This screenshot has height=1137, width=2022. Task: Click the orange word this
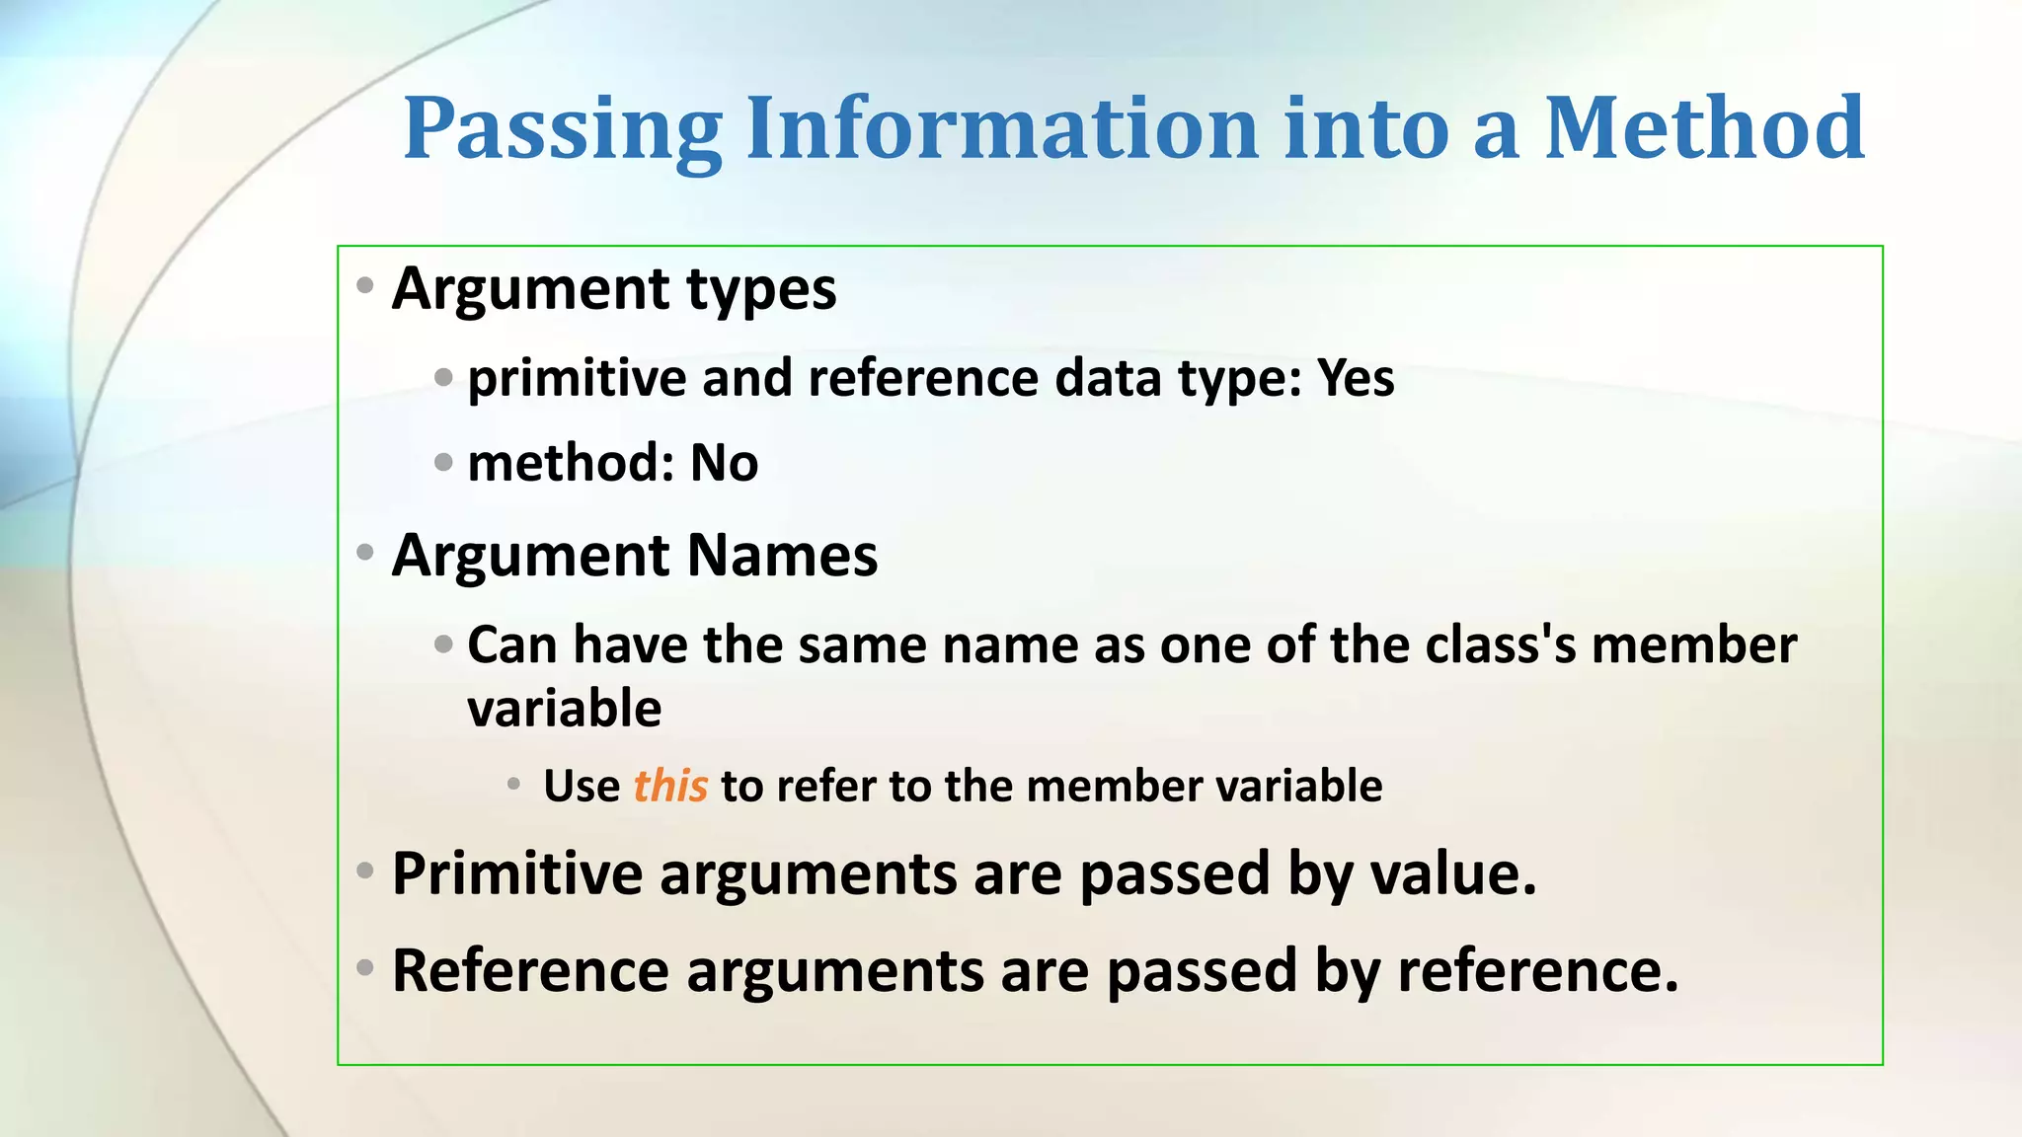point(670,787)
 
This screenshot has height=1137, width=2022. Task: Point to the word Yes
point(1356,378)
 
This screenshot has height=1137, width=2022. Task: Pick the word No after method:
point(724,463)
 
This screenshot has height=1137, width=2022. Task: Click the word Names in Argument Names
point(781,555)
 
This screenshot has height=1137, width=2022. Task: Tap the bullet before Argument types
point(365,286)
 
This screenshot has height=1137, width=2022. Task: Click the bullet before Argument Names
point(365,553)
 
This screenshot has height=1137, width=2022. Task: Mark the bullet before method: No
point(443,461)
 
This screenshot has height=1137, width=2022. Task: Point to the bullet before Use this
point(513,785)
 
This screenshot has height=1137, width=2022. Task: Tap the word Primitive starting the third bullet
point(516,874)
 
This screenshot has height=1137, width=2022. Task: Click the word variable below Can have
point(564,709)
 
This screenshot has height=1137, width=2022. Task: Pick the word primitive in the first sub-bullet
point(577,378)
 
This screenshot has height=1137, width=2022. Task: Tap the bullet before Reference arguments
point(365,967)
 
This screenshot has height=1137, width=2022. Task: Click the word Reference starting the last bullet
point(530,971)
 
